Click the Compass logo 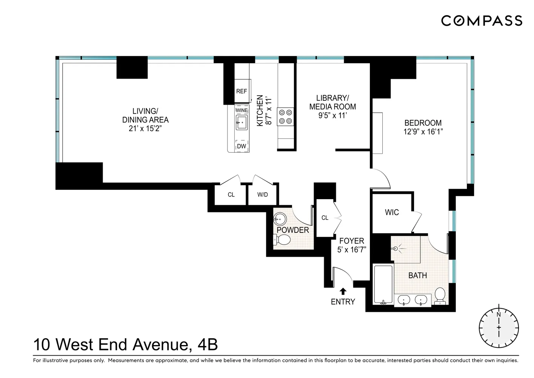(482, 20)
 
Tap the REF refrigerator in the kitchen (242, 91)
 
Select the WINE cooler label (242, 110)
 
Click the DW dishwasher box (242, 146)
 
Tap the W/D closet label (263, 195)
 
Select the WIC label (392, 212)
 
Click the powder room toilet (282, 240)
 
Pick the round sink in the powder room (280, 218)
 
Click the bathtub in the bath (383, 284)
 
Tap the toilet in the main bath (440, 296)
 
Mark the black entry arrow (343, 291)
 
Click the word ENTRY (343, 302)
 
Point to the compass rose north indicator (499, 315)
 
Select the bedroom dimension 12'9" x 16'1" (423, 132)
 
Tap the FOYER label (352, 241)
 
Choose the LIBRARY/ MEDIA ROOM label (332, 102)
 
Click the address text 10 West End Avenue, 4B (126, 345)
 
